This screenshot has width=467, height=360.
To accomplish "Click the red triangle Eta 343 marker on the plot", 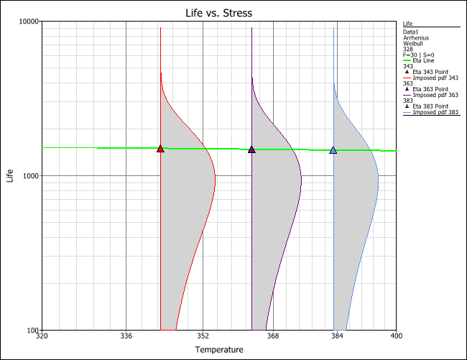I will (x=160, y=149).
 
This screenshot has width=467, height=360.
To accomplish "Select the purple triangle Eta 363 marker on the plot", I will (x=251, y=149).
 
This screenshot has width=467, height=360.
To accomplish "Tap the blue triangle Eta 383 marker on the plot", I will (x=333, y=150).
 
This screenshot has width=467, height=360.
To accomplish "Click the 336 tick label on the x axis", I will (x=126, y=336).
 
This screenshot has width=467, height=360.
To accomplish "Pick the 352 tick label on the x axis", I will (x=203, y=336).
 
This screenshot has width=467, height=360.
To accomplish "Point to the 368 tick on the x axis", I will (x=273, y=336).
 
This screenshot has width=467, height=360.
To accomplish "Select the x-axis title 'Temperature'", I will (x=219, y=350).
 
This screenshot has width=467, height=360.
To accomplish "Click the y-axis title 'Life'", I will (x=10, y=176).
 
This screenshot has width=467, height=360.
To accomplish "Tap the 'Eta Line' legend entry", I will (x=424, y=60).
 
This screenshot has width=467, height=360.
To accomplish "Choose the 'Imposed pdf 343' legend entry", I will (x=434, y=78).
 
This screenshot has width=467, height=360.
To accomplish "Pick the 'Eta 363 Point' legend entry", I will (x=432, y=89).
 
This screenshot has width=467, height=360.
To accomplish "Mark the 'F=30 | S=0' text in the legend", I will (x=419, y=54).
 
